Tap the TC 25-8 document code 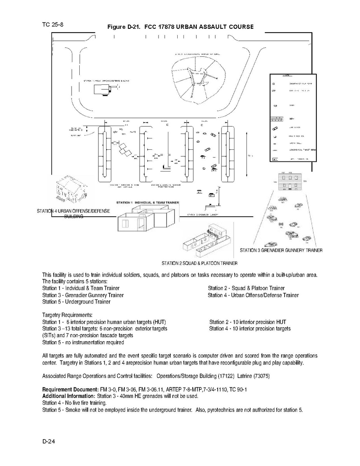click(x=53, y=25)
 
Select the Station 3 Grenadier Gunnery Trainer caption click(x=281, y=250)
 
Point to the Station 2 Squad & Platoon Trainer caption click(x=199, y=263)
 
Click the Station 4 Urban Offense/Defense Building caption click(x=73, y=214)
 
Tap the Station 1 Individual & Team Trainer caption click(x=147, y=203)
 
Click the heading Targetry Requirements click(x=67, y=315)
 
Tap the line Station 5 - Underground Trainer click(x=76, y=302)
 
